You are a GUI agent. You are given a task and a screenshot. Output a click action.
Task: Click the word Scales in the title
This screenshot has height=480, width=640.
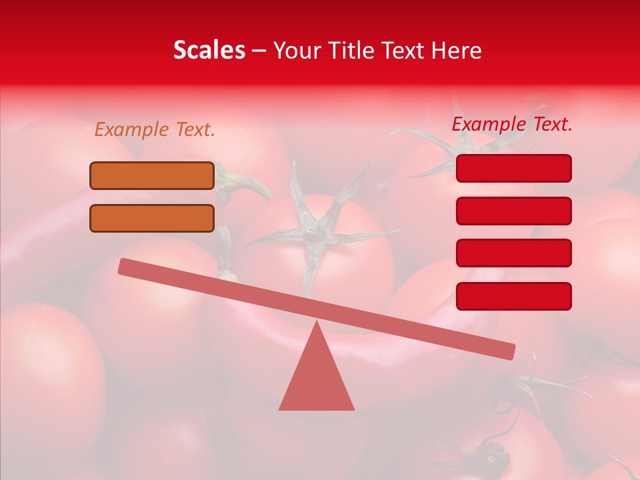[x=209, y=50]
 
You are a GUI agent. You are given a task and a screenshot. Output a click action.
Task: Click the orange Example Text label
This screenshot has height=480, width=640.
[x=155, y=130]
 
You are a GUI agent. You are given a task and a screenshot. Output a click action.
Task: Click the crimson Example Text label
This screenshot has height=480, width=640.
[x=512, y=124]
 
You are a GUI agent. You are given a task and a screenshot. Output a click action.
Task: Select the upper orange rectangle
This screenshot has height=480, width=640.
[x=152, y=175]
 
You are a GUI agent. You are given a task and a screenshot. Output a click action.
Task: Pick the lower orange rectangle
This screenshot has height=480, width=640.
[x=152, y=218]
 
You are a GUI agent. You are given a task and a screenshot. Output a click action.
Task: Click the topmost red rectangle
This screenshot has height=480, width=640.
[x=513, y=168]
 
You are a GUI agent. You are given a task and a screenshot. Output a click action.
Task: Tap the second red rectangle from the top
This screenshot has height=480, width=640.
[x=513, y=211]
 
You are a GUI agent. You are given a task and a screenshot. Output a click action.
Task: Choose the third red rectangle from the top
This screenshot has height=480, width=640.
[x=513, y=253]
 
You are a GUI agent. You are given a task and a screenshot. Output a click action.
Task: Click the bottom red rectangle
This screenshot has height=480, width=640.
[x=513, y=296]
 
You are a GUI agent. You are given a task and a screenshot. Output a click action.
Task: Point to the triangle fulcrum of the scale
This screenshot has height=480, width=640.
[x=317, y=377]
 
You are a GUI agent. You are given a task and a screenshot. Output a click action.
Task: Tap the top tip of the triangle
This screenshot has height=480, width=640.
[x=317, y=324]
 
